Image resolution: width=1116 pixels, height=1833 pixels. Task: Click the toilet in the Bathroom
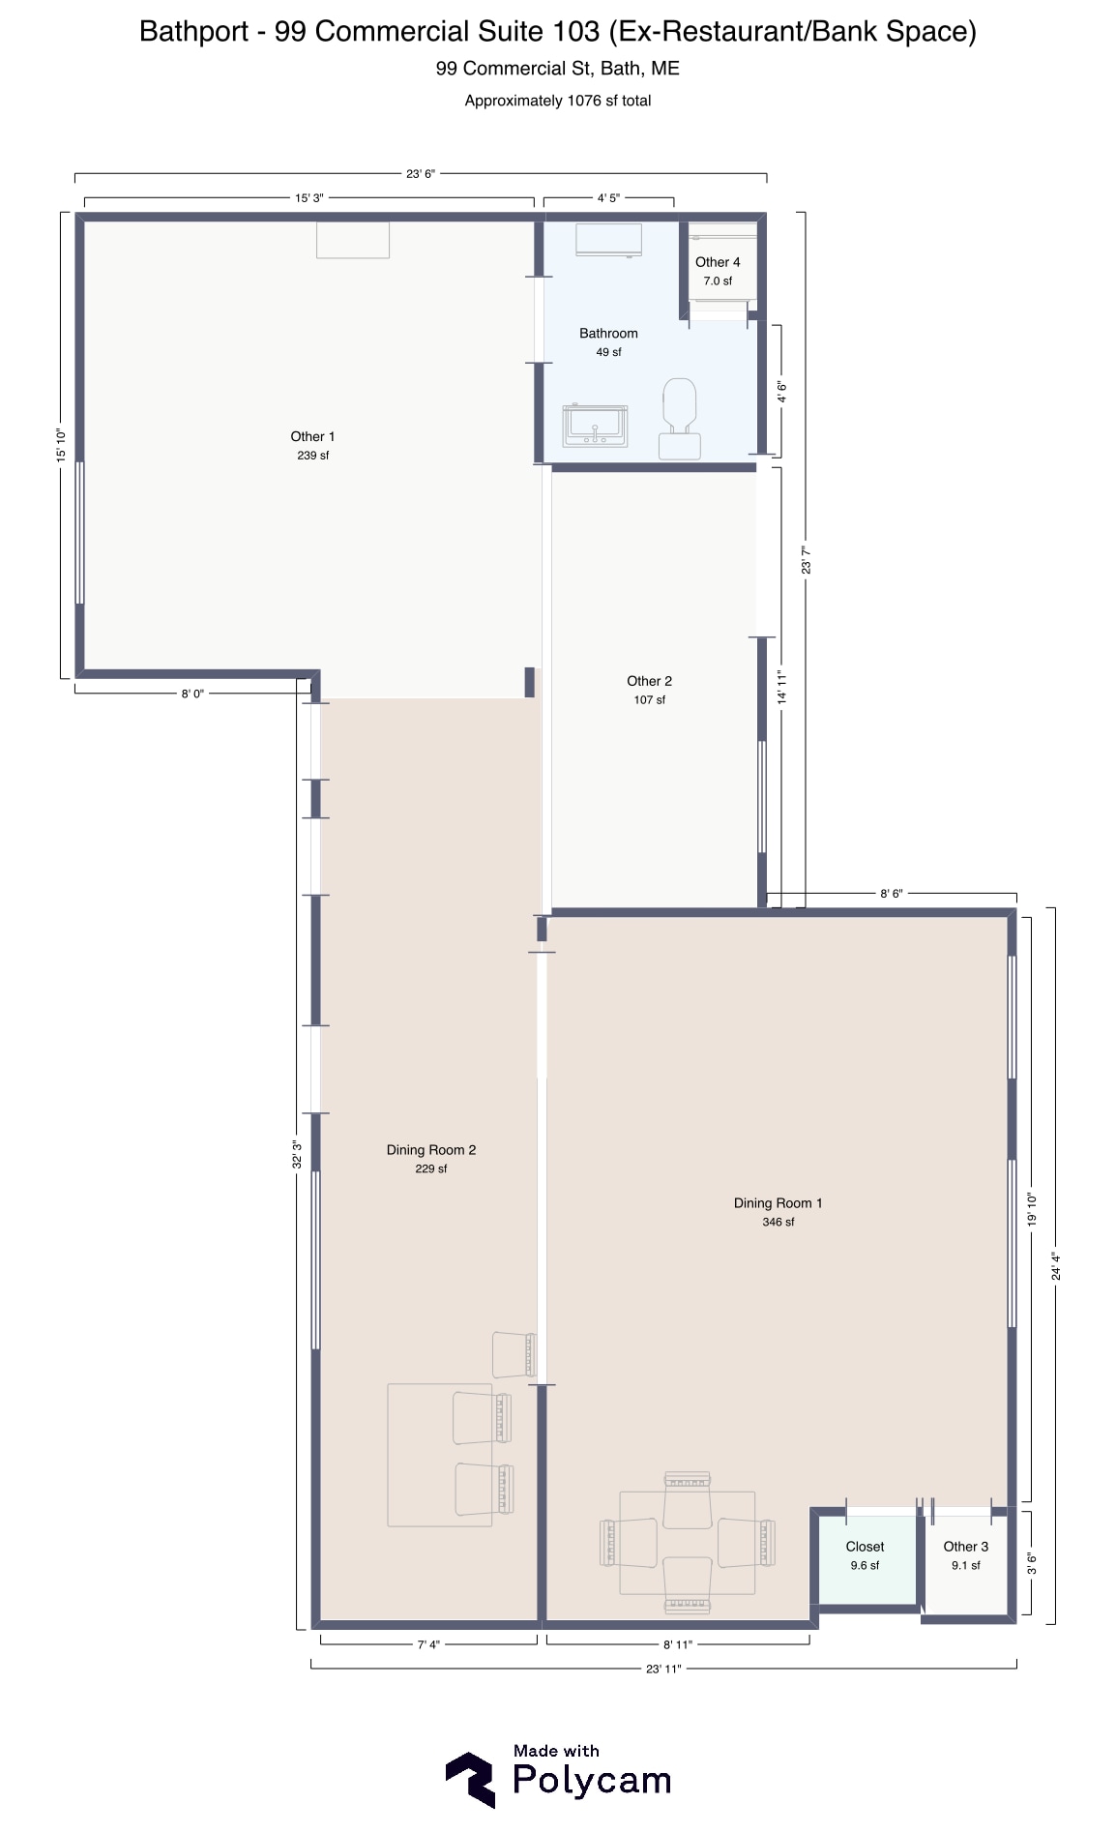pyautogui.click(x=680, y=417)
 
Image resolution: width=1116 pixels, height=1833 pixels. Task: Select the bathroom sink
pyautogui.click(x=596, y=426)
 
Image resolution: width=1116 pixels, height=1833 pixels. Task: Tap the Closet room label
pyautogui.click(x=865, y=1547)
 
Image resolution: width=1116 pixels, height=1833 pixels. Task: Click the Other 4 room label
pyautogui.click(x=718, y=262)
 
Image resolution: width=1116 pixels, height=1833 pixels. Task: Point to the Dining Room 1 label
pyautogui.click(x=778, y=1203)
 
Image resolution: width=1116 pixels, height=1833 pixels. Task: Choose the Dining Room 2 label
pyautogui.click(x=431, y=1150)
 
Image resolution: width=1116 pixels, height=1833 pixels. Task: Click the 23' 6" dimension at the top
pyautogui.click(x=421, y=174)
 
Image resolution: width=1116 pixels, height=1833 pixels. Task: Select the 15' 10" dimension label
pyautogui.click(x=61, y=444)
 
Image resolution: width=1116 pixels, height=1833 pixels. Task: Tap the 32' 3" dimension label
pyautogui.click(x=297, y=1155)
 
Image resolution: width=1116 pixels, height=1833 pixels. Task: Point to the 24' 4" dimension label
pyautogui.click(x=1056, y=1267)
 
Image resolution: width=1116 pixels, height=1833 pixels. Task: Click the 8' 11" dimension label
pyautogui.click(x=678, y=1644)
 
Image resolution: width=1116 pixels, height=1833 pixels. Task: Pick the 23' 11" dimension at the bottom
pyautogui.click(x=663, y=1669)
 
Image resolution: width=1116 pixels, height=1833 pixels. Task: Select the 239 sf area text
pyautogui.click(x=312, y=456)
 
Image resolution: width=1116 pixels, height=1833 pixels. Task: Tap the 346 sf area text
pyautogui.click(x=778, y=1223)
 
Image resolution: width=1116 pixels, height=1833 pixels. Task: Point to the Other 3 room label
pyautogui.click(x=966, y=1547)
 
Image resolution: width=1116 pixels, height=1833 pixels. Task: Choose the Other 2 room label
pyautogui.click(x=649, y=681)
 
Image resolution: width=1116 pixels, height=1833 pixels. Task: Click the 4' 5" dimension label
pyautogui.click(x=608, y=198)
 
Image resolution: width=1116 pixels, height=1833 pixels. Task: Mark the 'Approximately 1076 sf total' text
pyautogui.click(x=558, y=101)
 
